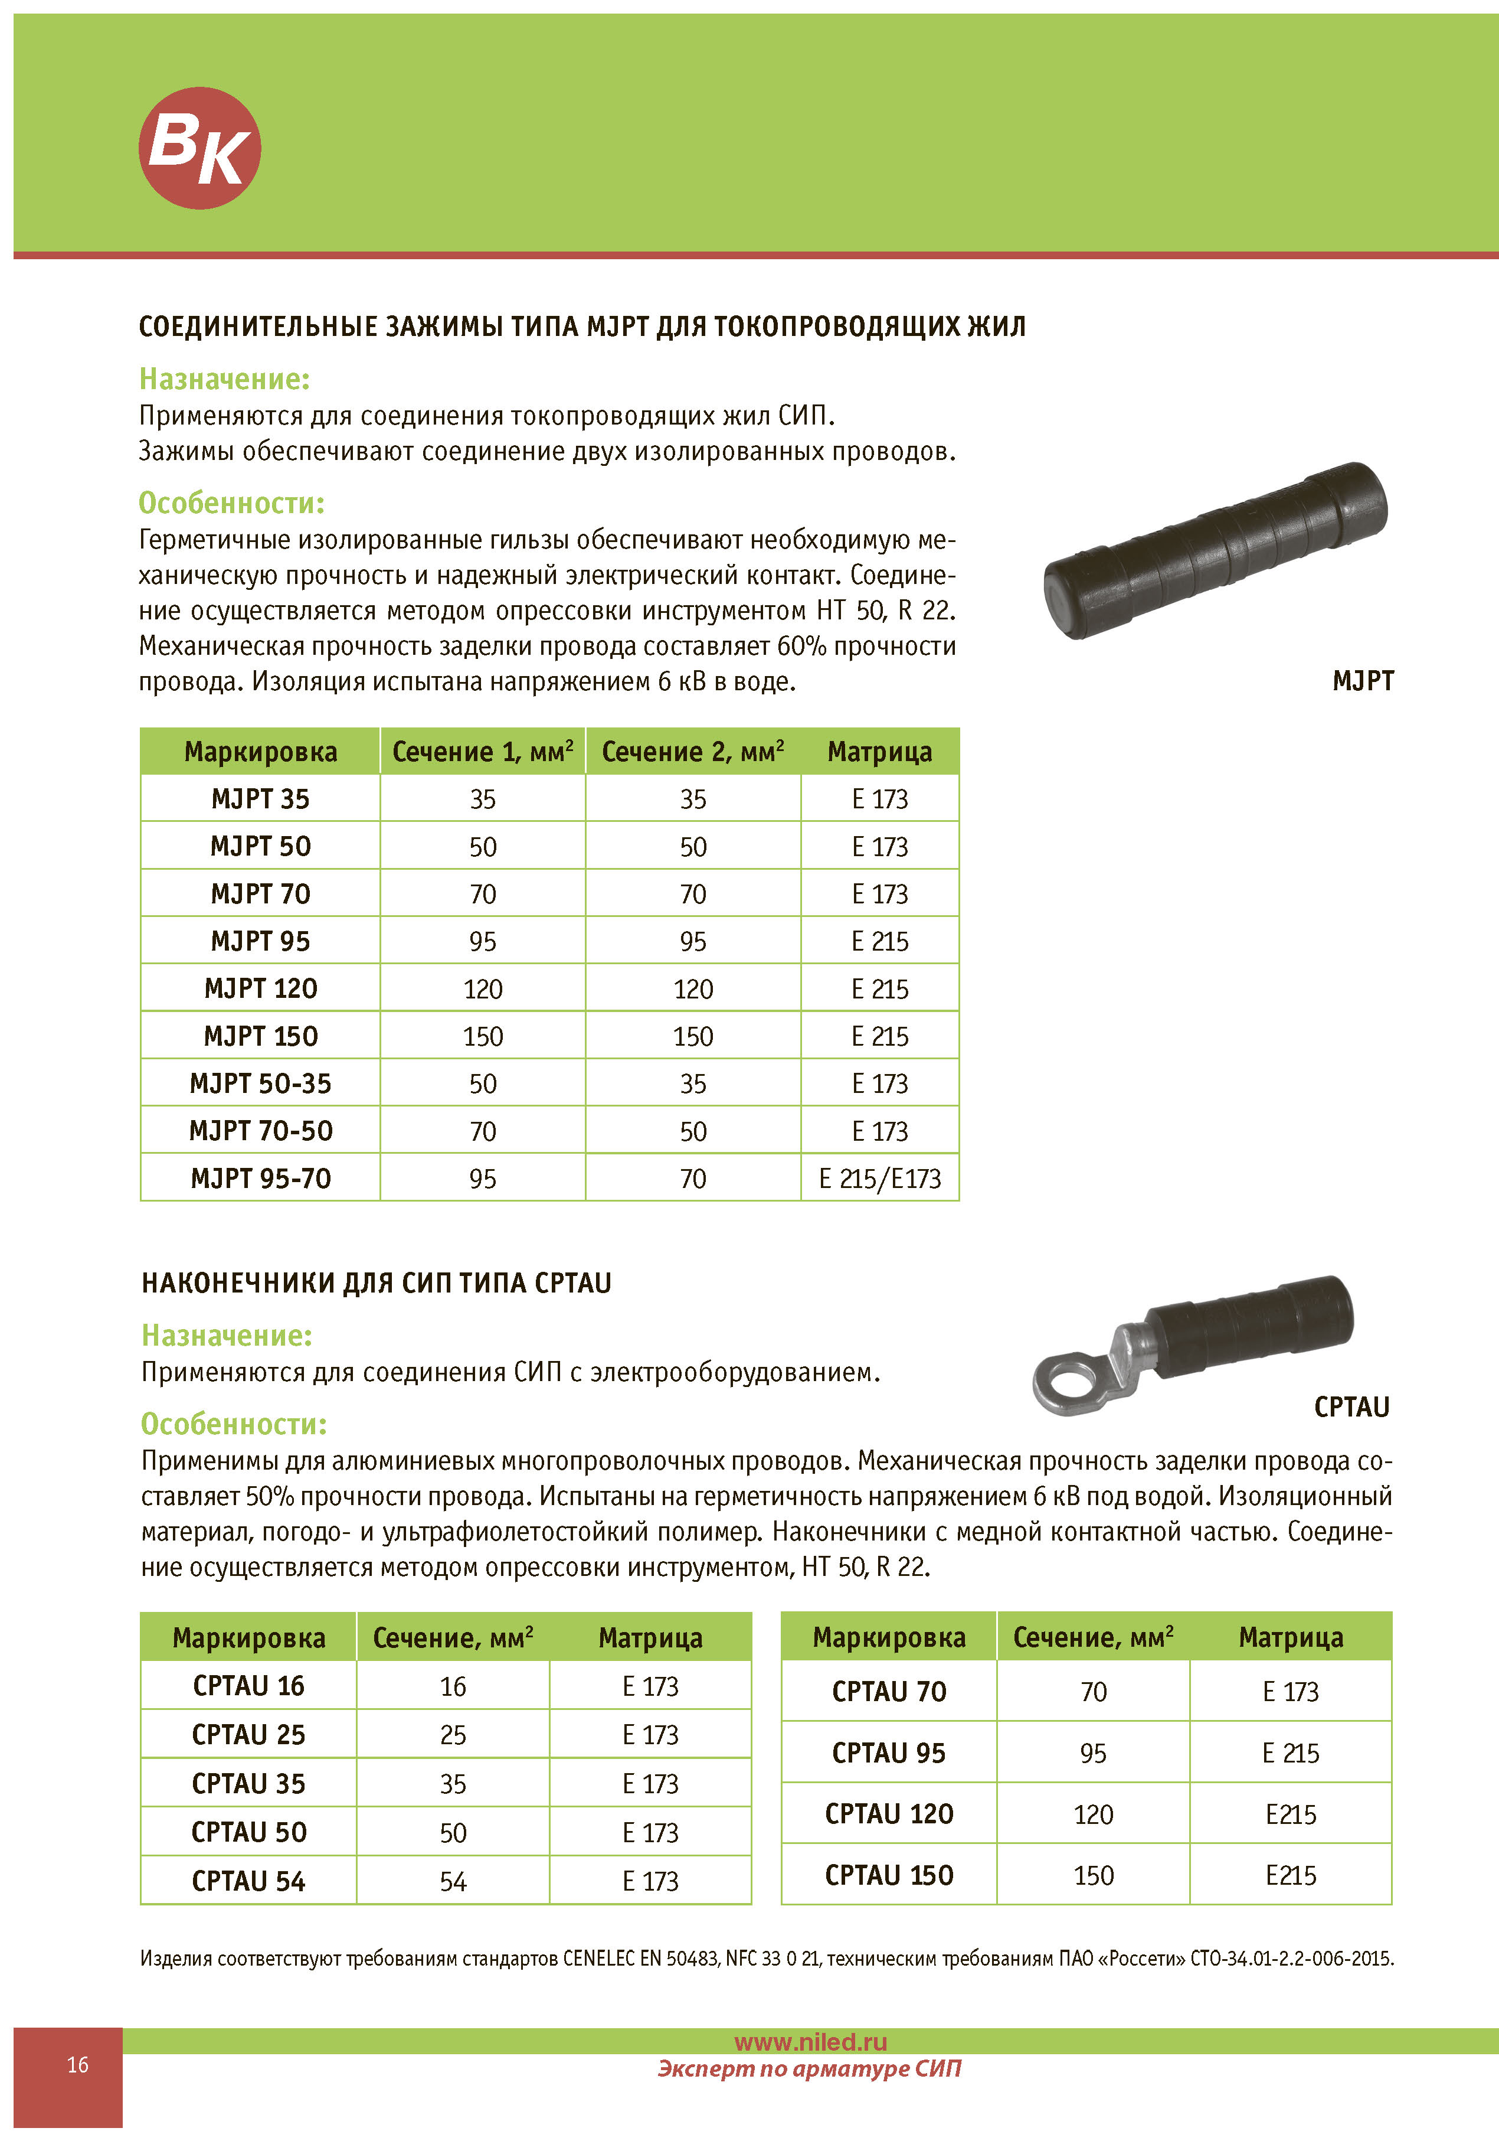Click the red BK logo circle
tap(199, 148)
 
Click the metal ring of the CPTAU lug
tap(1069, 1378)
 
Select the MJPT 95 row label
tap(260, 941)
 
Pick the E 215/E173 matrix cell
tap(879, 1179)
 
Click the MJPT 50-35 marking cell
tap(260, 1083)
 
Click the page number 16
tap(77, 2064)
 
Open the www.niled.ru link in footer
tap(810, 2042)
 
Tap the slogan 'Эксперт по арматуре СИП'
tap(809, 2068)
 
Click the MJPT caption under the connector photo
tap(1362, 681)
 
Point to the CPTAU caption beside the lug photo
tap(1351, 1407)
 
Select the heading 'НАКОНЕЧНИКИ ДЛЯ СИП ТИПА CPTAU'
tap(376, 1283)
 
